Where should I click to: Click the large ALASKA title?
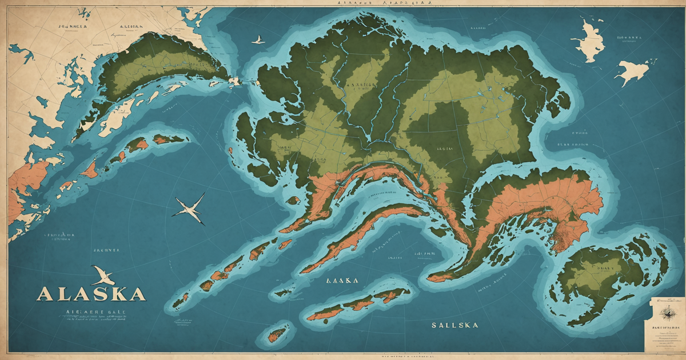pos(90,294)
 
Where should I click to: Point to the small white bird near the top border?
pos(258,40)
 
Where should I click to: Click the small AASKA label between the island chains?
pos(342,281)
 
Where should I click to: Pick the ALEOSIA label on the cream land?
pos(131,26)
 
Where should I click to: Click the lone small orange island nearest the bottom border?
pos(278,334)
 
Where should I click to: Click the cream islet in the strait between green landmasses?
pos(234,82)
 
